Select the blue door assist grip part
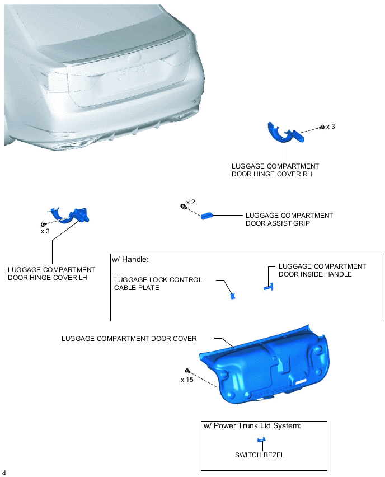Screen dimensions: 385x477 click(x=207, y=216)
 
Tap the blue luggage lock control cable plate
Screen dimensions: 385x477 click(x=233, y=296)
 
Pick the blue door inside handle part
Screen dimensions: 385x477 click(x=269, y=287)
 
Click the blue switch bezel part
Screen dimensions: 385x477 click(x=261, y=440)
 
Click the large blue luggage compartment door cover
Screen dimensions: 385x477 click(x=265, y=365)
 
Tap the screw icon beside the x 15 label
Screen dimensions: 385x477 click(x=187, y=371)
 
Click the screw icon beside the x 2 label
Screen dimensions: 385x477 click(x=183, y=206)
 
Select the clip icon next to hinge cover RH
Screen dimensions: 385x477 click(x=322, y=127)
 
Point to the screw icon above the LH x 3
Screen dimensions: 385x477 click(x=43, y=225)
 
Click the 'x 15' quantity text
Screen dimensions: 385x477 click(x=187, y=380)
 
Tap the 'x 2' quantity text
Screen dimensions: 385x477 click(x=191, y=202)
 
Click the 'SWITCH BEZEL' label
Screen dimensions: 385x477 click(x=260, y=455)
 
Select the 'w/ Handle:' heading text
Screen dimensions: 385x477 click(x=130, y=259)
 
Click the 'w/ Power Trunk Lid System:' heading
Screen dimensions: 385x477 click(x=252, y=425)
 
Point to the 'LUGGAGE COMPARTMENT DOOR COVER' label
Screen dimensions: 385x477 click(x=129, y=339)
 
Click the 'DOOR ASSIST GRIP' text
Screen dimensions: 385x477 click(x=278, y=223)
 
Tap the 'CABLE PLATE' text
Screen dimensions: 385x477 click(x=137, y=288)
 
